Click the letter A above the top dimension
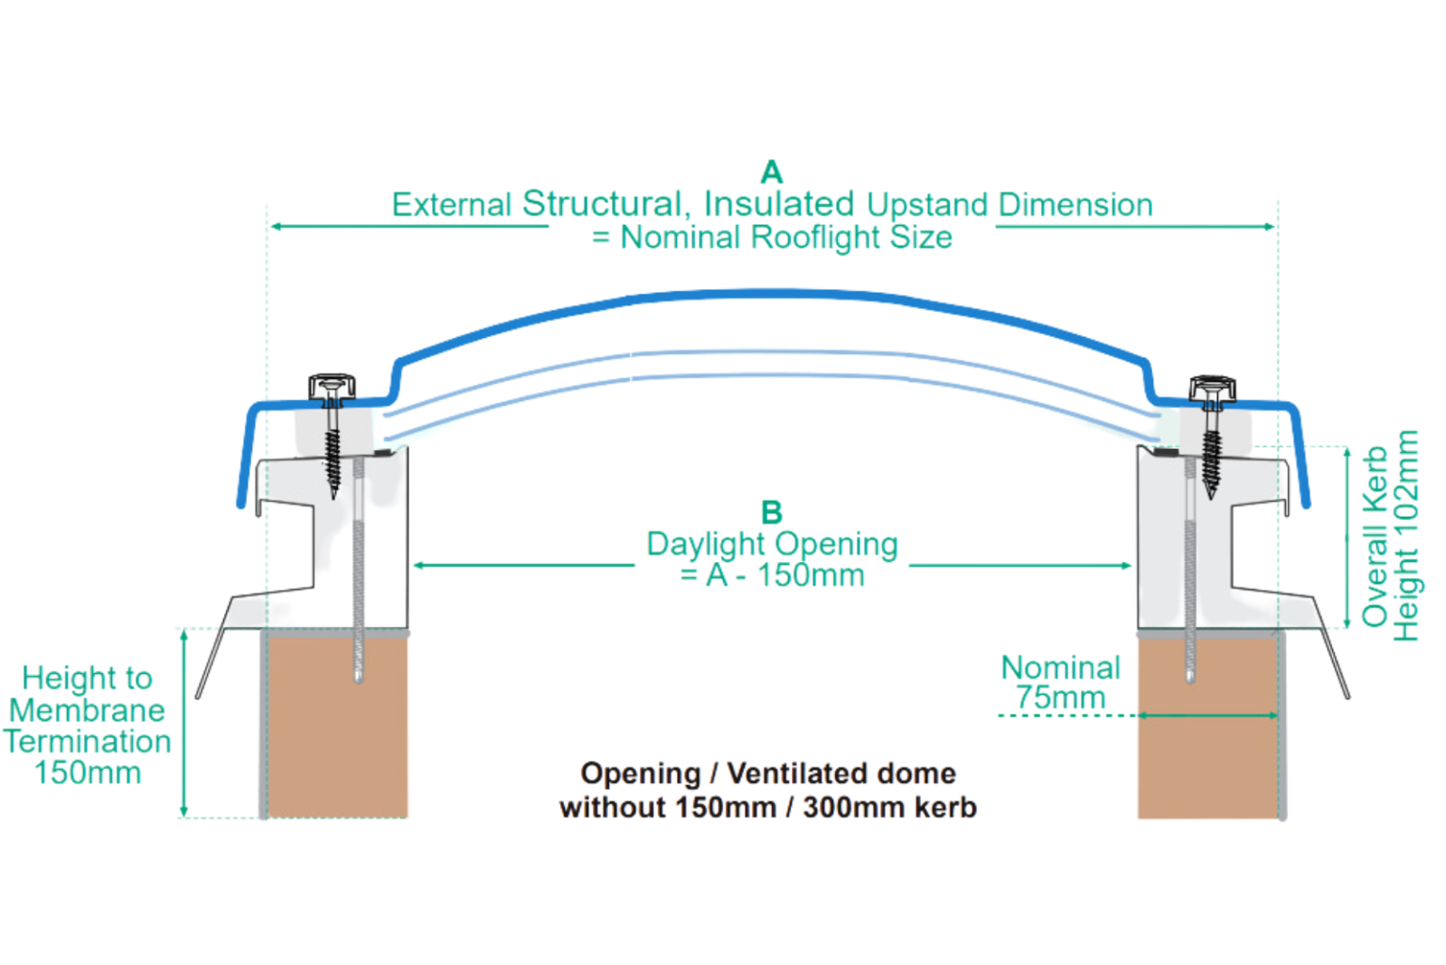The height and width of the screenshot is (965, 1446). click(772, 172)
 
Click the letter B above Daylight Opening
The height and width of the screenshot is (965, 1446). click(772, 512)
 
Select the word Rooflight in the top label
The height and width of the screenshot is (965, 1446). click(816, 237)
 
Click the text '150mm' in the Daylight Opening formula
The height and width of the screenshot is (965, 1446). click(811, 575)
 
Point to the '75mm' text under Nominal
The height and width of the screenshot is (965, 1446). click(1061, 697)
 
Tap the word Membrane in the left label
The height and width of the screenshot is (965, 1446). click(88, 710)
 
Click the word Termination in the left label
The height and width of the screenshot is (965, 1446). click(88, 741)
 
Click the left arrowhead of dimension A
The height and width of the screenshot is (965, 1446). click(275, 226)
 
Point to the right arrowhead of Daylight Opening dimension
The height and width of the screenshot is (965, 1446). click(1127, 566)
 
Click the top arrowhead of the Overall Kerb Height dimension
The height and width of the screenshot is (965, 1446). click(1346, 452)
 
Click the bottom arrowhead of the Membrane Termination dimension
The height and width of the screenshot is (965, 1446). click(184, 812)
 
